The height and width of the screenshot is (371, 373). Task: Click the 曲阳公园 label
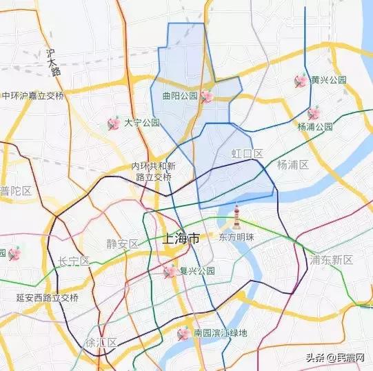pos(180,97)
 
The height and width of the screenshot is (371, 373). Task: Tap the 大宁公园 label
pos(142,123)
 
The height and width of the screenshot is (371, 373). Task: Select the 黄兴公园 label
pos(329,80)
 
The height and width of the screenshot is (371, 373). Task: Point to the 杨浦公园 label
pos(315,127)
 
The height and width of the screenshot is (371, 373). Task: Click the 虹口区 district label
pos(248,153)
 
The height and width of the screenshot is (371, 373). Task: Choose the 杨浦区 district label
pos(292,165)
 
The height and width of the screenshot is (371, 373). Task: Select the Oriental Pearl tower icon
pos(236,217)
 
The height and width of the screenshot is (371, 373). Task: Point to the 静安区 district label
pos(123,243)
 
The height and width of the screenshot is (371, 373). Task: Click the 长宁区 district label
pos(74,261)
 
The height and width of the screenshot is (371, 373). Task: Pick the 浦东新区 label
pos(332,260)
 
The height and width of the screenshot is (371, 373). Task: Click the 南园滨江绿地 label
pos(220,334)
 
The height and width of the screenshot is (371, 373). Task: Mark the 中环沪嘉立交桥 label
pos(32,96)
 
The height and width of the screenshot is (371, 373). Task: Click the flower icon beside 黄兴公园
pos(301,81)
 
